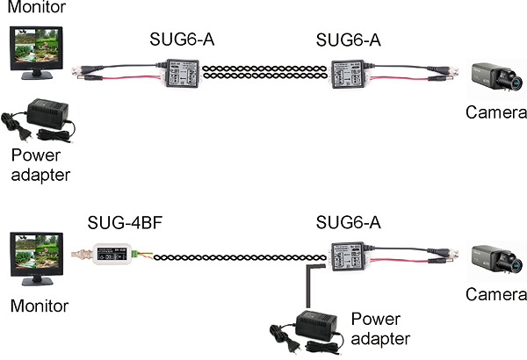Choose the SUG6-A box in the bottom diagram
coord(349,254)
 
